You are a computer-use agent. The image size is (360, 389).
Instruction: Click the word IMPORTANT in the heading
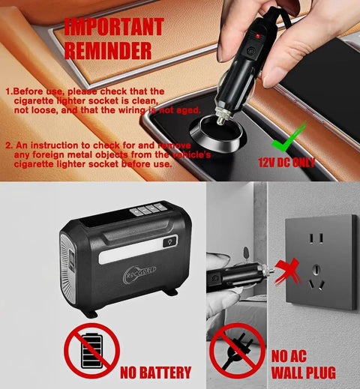[x=113, y=27]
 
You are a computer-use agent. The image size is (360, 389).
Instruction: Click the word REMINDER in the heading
[x=108, y=50]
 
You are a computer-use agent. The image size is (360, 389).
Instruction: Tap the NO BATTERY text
[x=156, y=373]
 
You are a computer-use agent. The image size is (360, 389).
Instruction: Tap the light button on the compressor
[x=169, y=241]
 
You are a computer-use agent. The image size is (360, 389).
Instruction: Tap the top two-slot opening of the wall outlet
[x=316, y=238]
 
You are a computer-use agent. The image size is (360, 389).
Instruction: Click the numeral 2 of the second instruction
[x=8, y=145]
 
